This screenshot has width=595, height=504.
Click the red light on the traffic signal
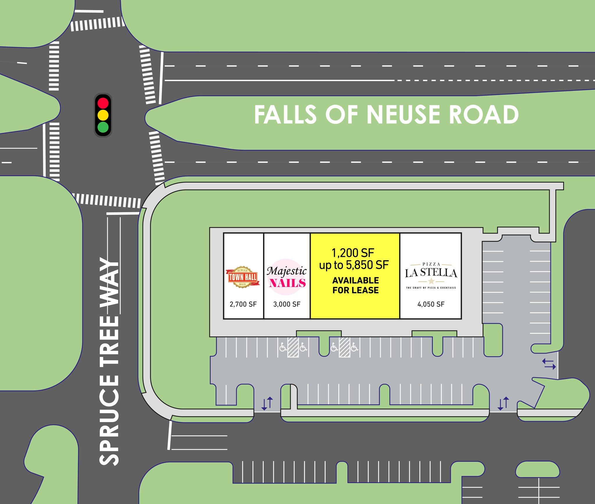(x=103, y=103)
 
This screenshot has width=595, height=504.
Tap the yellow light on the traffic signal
(x=103, y=115)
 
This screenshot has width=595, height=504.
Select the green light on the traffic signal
(x=103, y=127)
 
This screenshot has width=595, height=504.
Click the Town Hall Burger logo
(x=243, y=277)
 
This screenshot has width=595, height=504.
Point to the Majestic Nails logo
(x=287, y=277)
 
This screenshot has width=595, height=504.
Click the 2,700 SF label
(x=243, y=304)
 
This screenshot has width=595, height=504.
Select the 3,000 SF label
(x=287, y=304)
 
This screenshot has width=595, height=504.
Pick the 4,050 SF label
(x=431, y=304)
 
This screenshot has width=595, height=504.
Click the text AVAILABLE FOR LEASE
(x=355, y=285)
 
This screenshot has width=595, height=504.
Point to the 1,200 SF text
(x=353, y=253)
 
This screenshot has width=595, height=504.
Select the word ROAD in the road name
(x=484, y=115)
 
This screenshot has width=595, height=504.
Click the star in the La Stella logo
(x=431, y=281)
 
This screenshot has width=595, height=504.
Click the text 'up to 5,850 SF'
(x=354, y=265)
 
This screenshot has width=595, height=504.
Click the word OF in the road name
(x=342, y=115)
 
